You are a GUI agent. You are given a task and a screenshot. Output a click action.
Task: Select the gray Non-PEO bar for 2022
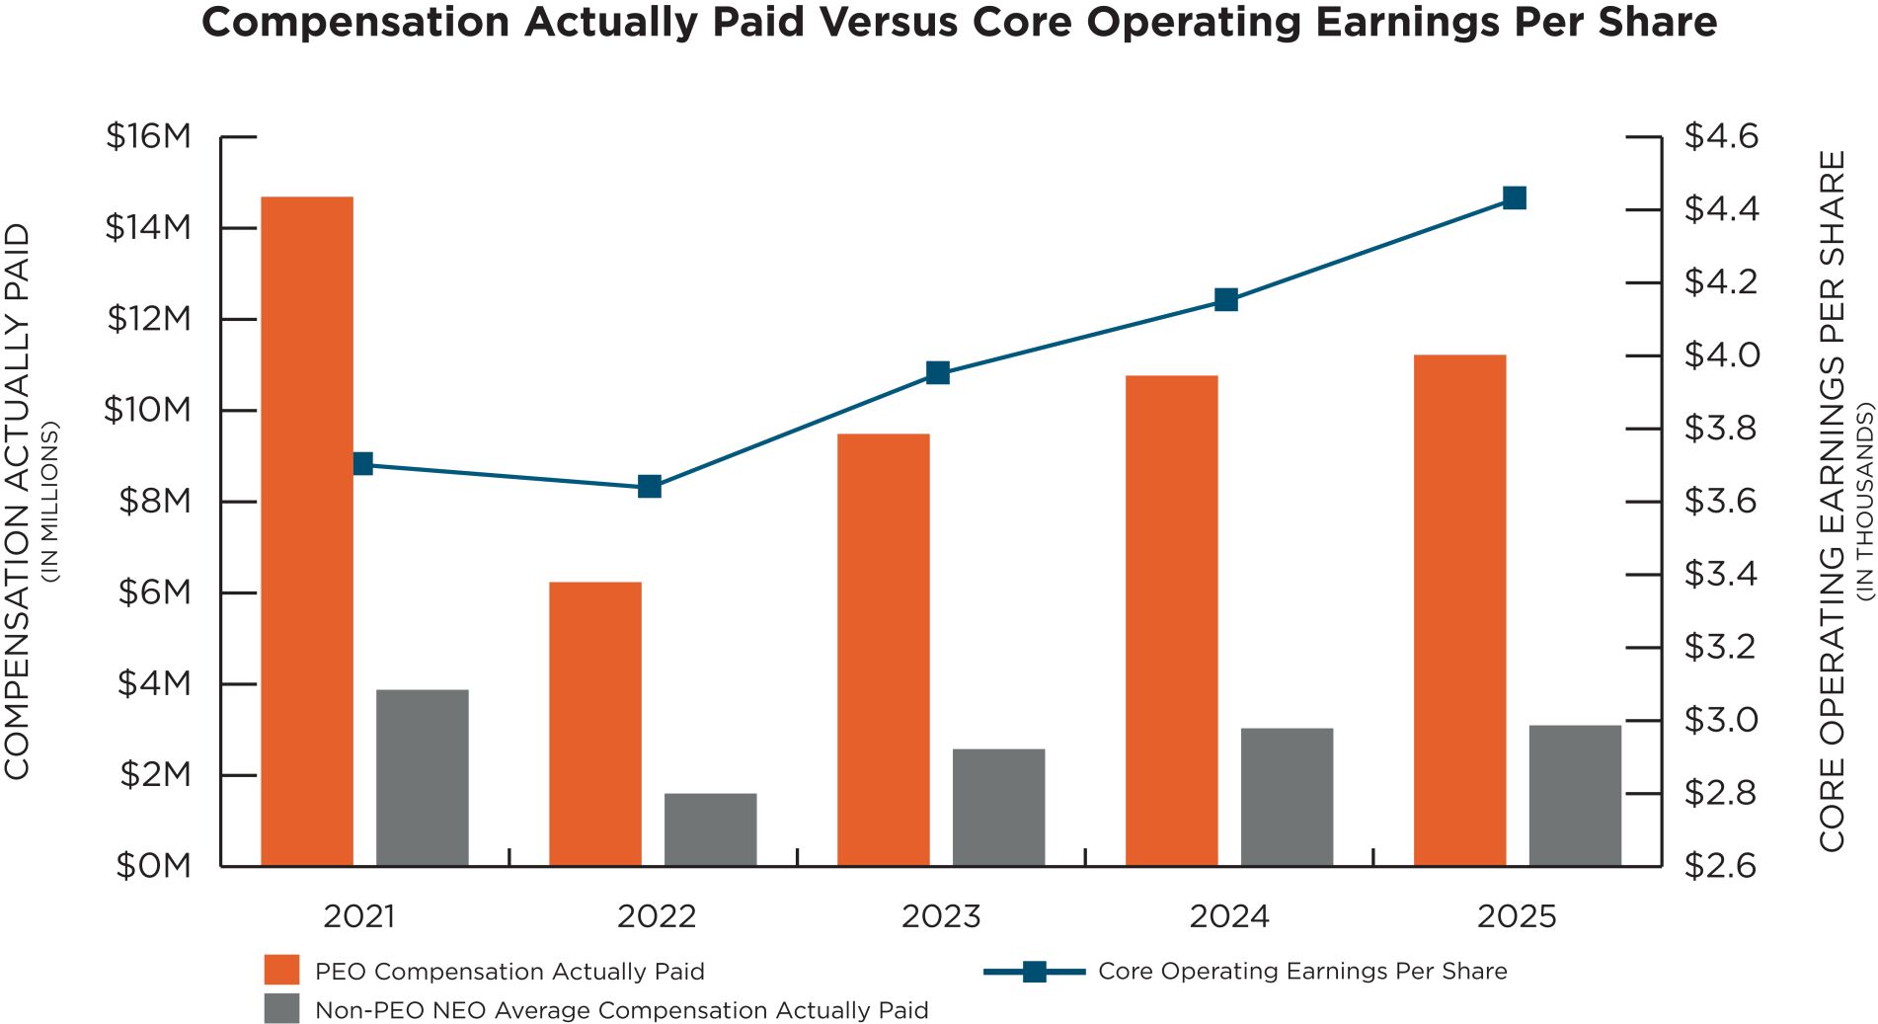click(710, 829)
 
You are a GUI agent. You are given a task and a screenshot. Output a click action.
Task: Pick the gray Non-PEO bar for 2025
click(1575, 796)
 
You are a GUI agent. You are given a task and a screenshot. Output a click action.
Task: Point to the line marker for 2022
click(650, 487)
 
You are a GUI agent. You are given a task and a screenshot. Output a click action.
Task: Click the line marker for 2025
click(1514, 198)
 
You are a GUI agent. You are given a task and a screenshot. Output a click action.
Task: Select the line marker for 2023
click(938, 373)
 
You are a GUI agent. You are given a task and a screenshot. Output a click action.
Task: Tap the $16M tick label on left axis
click(149, 136)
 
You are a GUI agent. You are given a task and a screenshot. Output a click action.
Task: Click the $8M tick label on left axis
click(155, 502)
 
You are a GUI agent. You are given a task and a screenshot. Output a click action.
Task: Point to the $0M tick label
click(154, 866)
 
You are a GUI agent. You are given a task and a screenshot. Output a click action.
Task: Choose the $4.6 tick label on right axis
click(1721, 136)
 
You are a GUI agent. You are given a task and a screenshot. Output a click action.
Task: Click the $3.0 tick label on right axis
click(1721, 720)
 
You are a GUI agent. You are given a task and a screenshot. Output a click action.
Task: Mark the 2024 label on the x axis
click(1228, 916)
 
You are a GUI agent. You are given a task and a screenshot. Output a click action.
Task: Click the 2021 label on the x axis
click(359, 916)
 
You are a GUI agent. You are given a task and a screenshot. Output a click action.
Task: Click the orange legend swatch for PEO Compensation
click(281, 970)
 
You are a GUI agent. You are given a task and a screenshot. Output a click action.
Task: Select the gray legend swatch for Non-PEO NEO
click(281, 1008)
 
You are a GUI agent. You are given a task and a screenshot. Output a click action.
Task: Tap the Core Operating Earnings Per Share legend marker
click(1034, 972)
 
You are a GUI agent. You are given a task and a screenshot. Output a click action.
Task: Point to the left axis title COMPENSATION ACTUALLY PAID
click(18, 502)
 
